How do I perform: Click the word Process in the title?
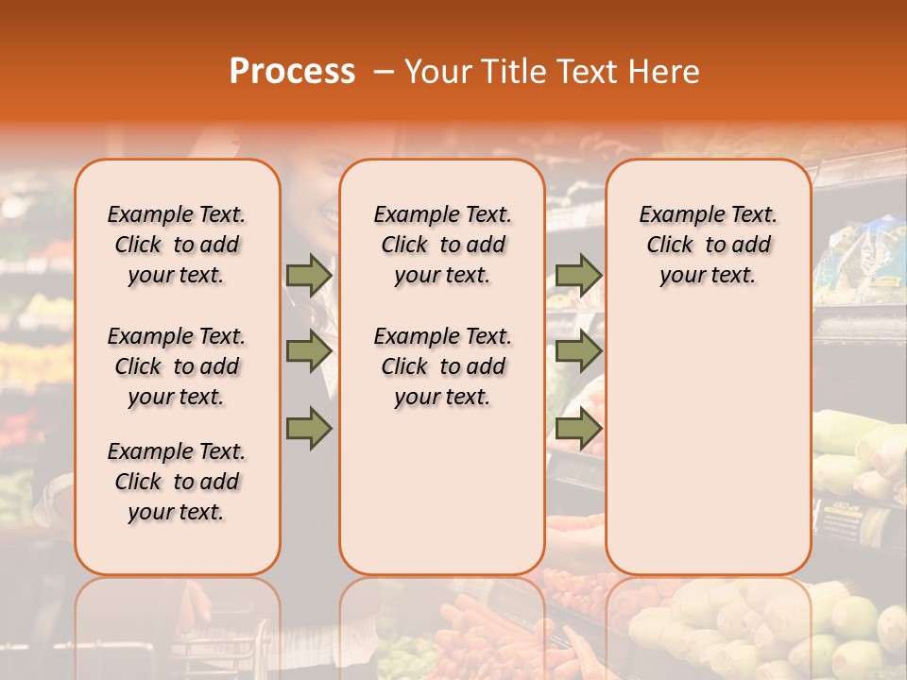291,72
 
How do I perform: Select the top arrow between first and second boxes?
309,275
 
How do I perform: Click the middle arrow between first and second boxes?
309,352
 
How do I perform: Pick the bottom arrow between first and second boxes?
309,430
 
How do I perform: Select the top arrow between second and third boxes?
578,275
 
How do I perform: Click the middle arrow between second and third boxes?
578,352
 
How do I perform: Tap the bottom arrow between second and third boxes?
578,430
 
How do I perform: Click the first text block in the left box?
177,245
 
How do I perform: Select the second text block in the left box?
177,366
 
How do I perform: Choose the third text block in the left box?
177,482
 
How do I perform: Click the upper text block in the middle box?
442,245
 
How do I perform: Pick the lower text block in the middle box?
442,366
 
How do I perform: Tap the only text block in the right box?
708,245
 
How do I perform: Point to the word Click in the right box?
670,246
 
